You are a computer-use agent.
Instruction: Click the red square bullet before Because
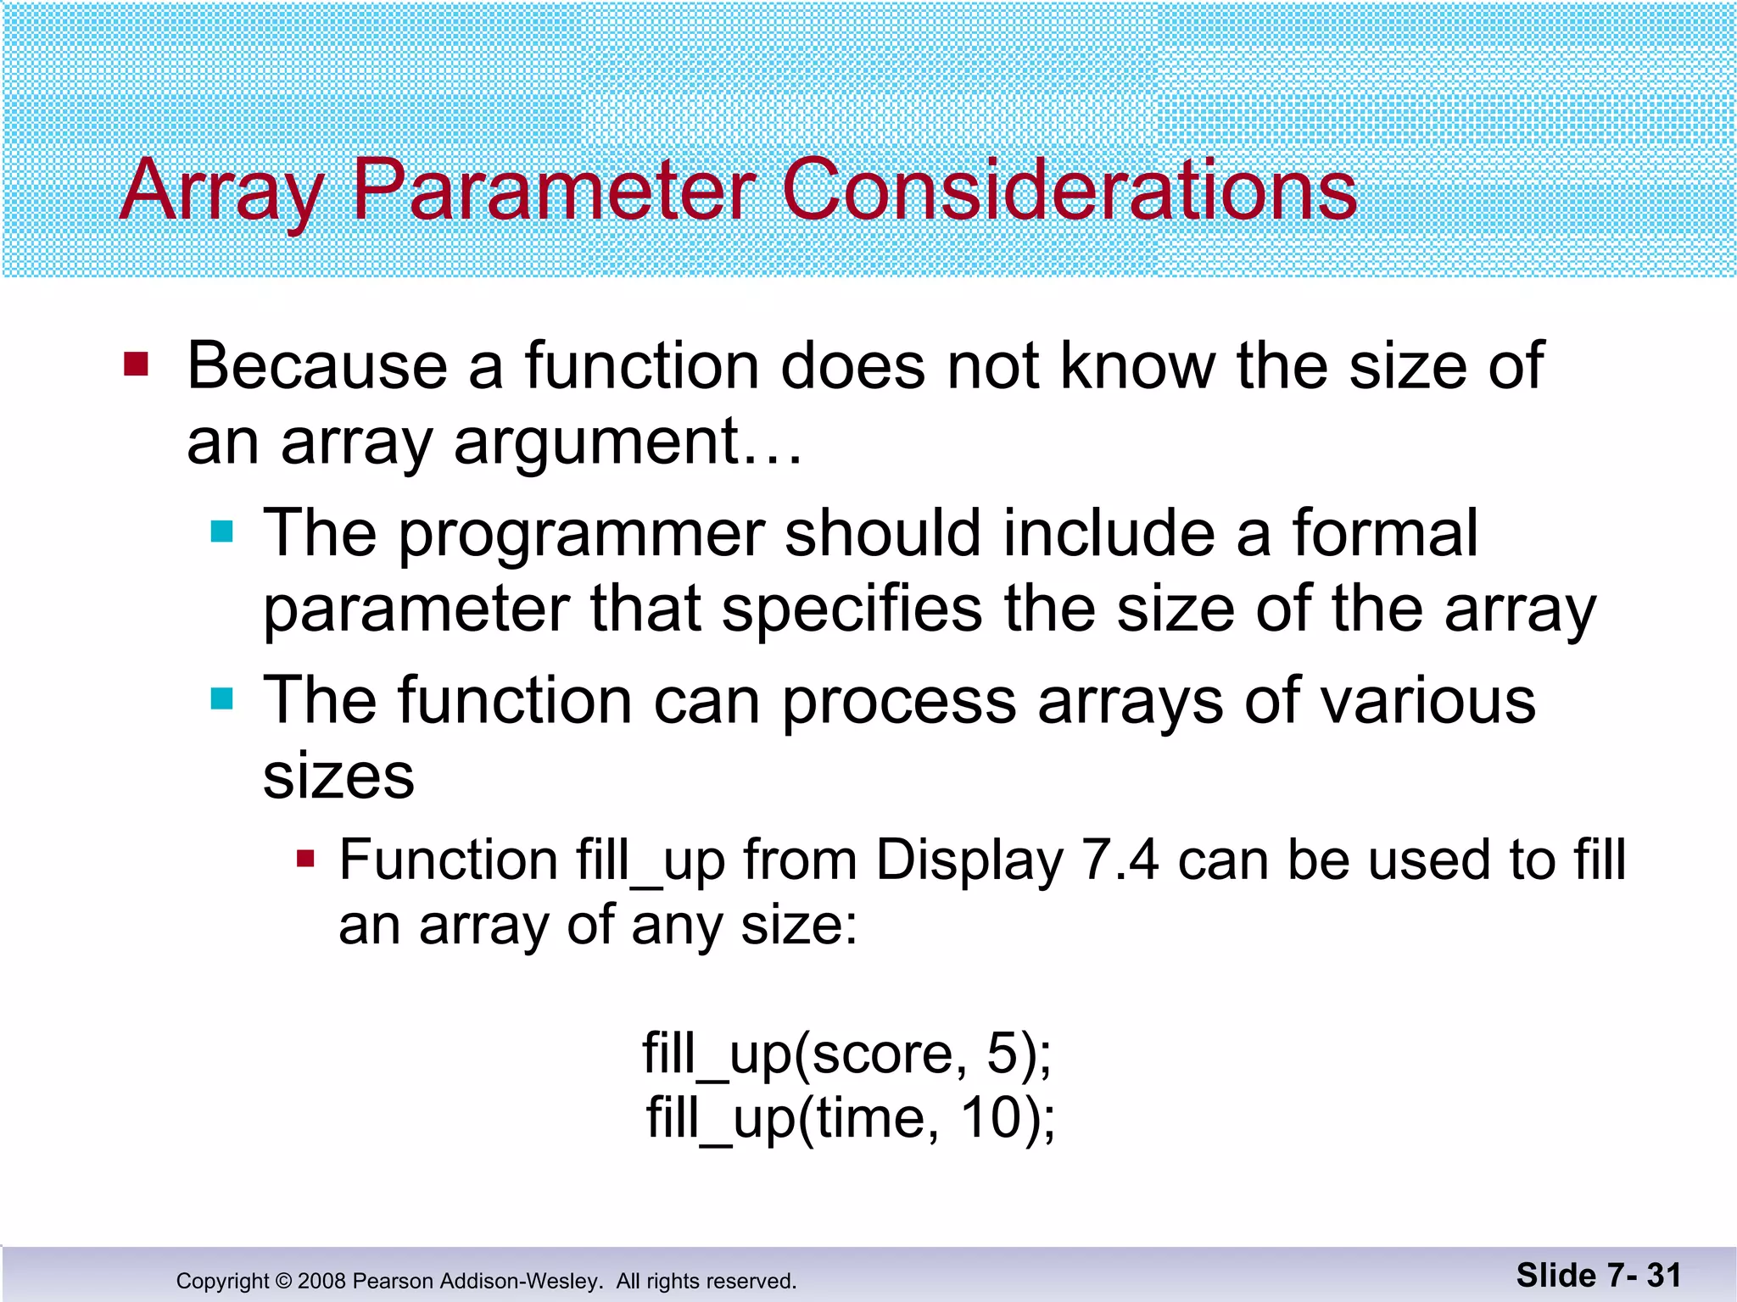pyautogui.click(x=137, y=364)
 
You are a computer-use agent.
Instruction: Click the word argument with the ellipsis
pyautogui.click(x=628, y=442)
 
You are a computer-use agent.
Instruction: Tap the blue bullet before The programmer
pyautogui.click(x=221, y=531)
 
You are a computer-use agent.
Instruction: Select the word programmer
pyautogui.click(x=582, y=534)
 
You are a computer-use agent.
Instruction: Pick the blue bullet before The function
pyautogui.click(x=221, y=698)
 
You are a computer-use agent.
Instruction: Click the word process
pyautogui.click(x=899, y=702)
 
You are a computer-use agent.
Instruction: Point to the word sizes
pyautogui.click(x=338, y=776)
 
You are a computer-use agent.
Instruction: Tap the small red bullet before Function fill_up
pyautogui.click(x=305, y=860)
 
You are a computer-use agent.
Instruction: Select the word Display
pyautogui.click(x=969, y=861)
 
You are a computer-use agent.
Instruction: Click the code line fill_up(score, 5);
pyautogui.click(x=846, y=1054)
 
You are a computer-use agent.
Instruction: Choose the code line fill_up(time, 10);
pyautogui.click(x=851, y=1118)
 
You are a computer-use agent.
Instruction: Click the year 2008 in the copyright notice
pyautogui.click(x=321, y=1281)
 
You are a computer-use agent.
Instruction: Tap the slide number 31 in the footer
pyautogui.click(x=1663, y=1275)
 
